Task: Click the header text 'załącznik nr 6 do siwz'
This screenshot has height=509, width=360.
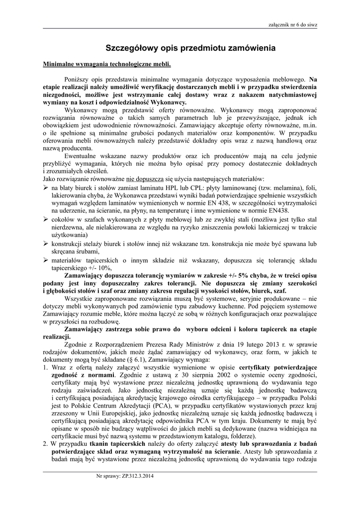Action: (292, 23)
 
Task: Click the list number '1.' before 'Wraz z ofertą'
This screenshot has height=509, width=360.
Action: (46, 366)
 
